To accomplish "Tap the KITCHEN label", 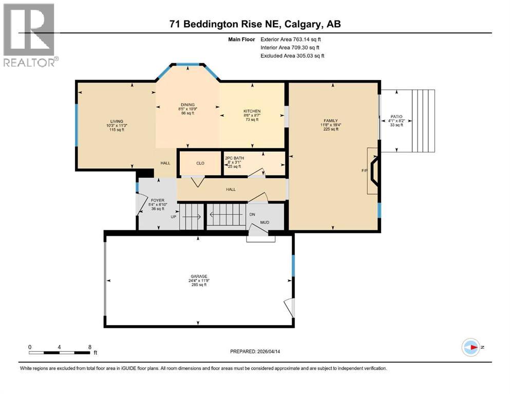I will pyautogui.click(x=252, y=111).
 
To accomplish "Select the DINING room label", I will pyautogui.click(x=187, y=105).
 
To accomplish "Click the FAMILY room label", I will pyautogui.click(x=330, y=121).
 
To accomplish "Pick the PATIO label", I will pyautogui.click(x=396, y=116).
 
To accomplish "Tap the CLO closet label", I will pyautogui.click(x=200, y=163).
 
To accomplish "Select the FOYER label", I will pyautogui.click(x=157, y=200).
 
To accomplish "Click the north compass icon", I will pyautogui.click(x=470, y=347).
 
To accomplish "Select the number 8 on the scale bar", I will pyautogui.click(x=90, y=347).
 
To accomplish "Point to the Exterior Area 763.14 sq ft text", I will pyautogui.click(x=292, y=39).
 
